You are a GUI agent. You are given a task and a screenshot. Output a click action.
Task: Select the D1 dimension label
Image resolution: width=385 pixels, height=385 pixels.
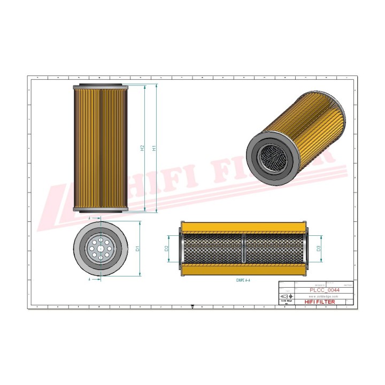coord(137,249)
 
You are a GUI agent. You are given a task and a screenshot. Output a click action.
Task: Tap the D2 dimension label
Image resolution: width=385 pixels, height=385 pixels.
coord(167,249)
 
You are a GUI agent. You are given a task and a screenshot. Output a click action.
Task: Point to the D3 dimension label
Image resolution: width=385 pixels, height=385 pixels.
coord(319,249)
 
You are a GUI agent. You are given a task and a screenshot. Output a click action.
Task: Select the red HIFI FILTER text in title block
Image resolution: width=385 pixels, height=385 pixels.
coord(320,302)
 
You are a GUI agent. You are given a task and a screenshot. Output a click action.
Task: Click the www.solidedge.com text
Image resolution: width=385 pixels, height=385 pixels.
coord(324,296)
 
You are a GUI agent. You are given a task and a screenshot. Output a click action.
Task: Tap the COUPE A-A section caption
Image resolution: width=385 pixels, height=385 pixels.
coord(244,280)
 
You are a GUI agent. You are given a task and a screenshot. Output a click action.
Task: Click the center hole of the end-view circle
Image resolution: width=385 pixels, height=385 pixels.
coord(100,249)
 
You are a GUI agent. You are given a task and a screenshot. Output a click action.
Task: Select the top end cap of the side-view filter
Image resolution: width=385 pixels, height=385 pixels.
coord(100,87)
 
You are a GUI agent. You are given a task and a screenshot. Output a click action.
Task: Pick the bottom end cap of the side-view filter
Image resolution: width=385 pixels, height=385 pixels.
coord(100,210)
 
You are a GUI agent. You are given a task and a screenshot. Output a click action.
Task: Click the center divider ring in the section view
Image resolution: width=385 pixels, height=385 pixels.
coord(244,249)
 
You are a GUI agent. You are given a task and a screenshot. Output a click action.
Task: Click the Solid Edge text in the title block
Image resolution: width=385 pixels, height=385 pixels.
coord(286,302)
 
